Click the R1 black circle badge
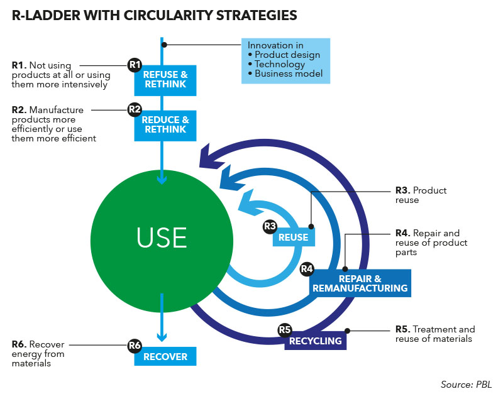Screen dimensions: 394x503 (x=135, y=65)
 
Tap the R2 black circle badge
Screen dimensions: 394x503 (x=135, y=109)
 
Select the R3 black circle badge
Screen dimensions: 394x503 (x=270, y=226)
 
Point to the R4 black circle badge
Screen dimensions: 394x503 (x=307, y=269)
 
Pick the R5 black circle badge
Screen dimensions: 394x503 (x=285, y=330)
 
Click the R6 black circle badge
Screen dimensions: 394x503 (x=135, y=345)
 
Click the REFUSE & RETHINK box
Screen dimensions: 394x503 (x=165, y=80)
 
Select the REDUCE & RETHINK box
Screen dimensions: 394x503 (x=165, y=125)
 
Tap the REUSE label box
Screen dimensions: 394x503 (x=294, y=237)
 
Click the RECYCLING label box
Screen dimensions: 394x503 (x=316, y=341)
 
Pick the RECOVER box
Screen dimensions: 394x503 (x=165, y=356)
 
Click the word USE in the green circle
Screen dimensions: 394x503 (x=162, y=238)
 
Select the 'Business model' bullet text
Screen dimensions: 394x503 (x=289, y=74)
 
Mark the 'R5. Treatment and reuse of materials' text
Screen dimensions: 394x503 (x=434, y=334)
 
